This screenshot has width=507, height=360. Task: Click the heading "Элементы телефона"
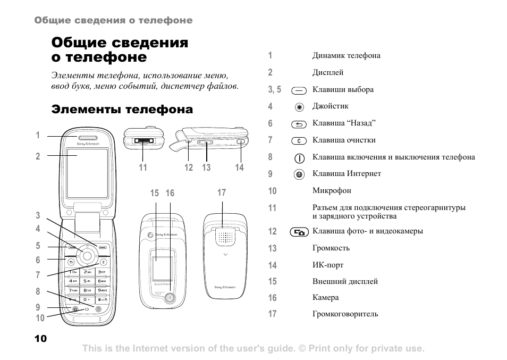point(122,110)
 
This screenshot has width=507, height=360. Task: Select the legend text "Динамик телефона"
point(346,55)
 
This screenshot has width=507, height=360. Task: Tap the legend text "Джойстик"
point(330,106)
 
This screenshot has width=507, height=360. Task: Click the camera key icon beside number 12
point(300,232)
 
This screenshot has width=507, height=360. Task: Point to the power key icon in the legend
point(300,158)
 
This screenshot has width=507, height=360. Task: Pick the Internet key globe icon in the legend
point(300,174)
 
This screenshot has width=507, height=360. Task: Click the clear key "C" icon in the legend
point(300,141)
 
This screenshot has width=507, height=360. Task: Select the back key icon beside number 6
point(300,124)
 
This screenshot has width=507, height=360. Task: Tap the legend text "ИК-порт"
point(328,265)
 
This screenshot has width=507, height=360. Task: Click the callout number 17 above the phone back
point(222,192)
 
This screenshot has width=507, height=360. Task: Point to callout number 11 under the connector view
point(143,168)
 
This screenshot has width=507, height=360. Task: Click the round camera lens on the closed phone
point(169,298)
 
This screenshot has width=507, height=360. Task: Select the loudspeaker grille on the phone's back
point(226,238)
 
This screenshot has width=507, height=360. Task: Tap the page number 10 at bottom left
point(40,339)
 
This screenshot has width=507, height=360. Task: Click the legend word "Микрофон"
point(332,190)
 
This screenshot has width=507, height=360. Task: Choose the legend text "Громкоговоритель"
point(345,314)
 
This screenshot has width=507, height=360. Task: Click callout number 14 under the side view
point(240,168)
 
